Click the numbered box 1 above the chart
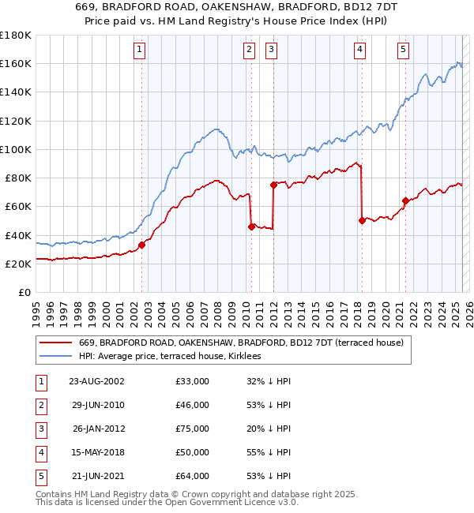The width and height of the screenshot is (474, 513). point(139,50)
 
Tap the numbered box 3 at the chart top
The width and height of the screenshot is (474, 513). point(271,50)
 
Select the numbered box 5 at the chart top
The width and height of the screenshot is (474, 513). point(403,50)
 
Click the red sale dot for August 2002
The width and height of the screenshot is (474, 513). point(142,245)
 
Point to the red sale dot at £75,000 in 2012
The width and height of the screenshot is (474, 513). point(273,185)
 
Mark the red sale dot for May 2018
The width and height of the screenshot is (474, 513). point(362,220)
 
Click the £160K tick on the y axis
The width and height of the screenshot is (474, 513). point(16,63)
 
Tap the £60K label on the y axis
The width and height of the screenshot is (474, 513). point(18,206)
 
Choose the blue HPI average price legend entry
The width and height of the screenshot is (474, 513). point(174,357)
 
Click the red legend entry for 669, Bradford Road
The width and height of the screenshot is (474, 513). point(241,343)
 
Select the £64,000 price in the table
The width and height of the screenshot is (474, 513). point(193,476)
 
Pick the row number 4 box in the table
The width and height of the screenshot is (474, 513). point(39,452)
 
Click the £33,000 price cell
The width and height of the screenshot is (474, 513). point(193,381)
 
